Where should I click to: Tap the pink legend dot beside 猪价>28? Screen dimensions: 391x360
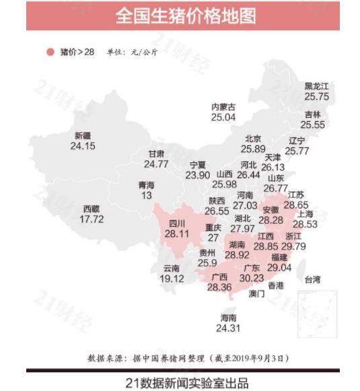pos(49,52)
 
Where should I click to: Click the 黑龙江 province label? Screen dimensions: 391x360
pos(316,86)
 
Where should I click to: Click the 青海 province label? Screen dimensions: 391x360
pos(146,185)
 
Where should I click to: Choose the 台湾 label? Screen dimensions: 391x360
pos(313,279)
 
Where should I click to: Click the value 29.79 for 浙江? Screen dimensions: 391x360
pos(295,246)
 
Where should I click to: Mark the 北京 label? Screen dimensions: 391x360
pos(253,139)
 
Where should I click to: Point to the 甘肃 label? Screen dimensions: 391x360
pos(156,154)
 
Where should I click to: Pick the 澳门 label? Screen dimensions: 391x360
pos(256,294)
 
